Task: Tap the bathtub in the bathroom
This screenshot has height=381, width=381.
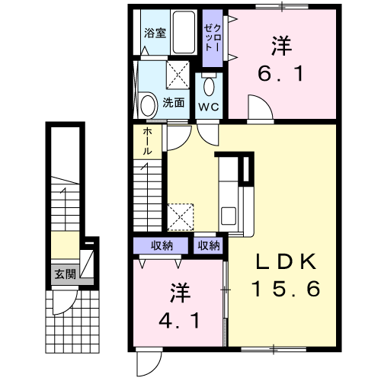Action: coord(183,33)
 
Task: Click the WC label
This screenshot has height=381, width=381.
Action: coord(209,107)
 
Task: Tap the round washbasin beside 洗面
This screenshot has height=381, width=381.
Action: coord(148,102)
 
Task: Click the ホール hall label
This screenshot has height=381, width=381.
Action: coord(146,141)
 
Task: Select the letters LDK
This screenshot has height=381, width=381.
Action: coord(285,261)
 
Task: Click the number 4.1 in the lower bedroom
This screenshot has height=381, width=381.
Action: coord(180,320)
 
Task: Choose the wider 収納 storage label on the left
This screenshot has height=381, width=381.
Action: coord(162,245)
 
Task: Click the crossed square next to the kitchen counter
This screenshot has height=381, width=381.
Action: coord(180,216)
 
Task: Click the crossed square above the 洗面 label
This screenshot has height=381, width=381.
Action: coord(179,75)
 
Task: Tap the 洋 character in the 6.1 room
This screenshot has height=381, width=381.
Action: coord(281,46)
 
